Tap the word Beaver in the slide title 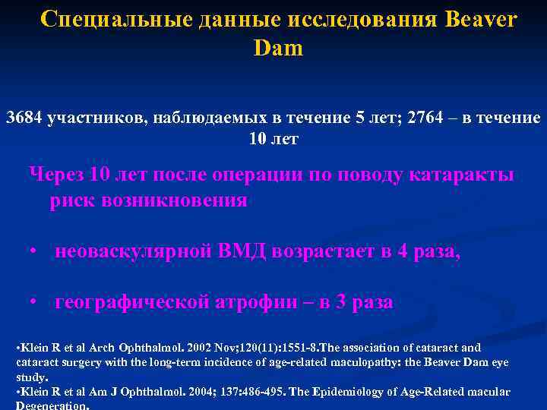pos(477,20)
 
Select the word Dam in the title pos(278,49)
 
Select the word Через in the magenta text pos(55,175)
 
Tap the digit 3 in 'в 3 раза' pos(340,302)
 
